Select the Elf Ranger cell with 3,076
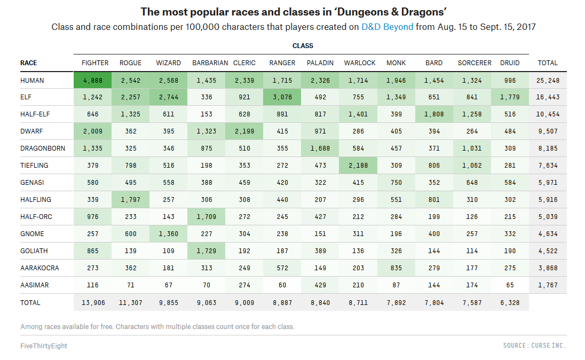(x=282, y=97)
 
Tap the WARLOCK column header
(x=360, y=63)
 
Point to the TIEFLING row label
(x=34, y=166)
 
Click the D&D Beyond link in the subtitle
(x=387, y=27)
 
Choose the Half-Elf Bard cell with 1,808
(x=434, y=114)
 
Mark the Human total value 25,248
(x=548, y=80)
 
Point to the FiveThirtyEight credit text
(x=44, y=346)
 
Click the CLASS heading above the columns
(x=303, y=46)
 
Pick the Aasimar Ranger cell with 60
(x=282, y=285)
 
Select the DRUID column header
(x=510, y=63)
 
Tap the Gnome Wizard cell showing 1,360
(x=168, y=234)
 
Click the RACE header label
(x=29, y=63)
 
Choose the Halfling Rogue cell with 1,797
(x=131, y=200)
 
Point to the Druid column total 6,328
(x=510, y=302)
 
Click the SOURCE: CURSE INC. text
(x=534, y=346)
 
